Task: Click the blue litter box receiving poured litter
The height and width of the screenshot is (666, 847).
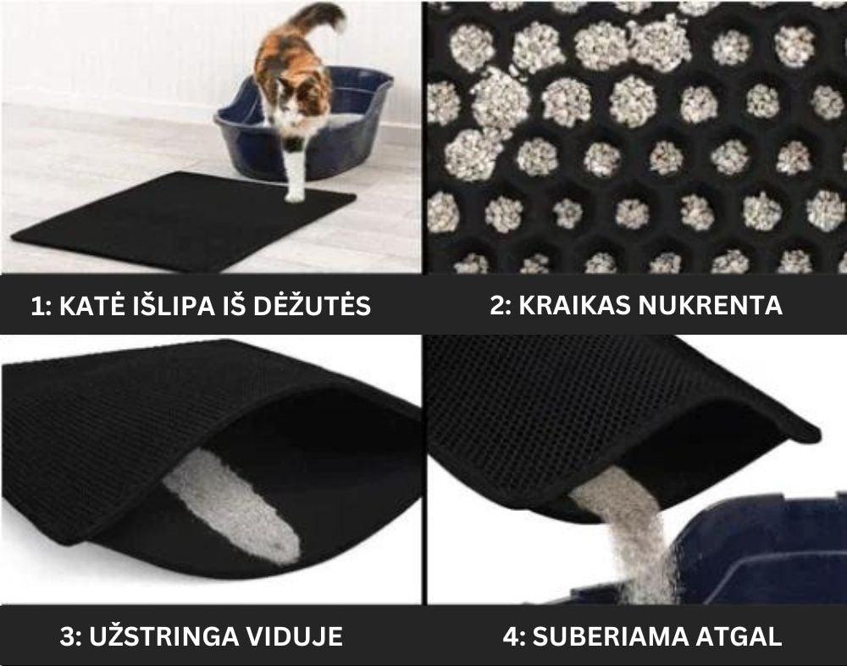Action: (762, 551)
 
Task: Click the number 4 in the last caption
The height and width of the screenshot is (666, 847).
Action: (509, 636)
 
